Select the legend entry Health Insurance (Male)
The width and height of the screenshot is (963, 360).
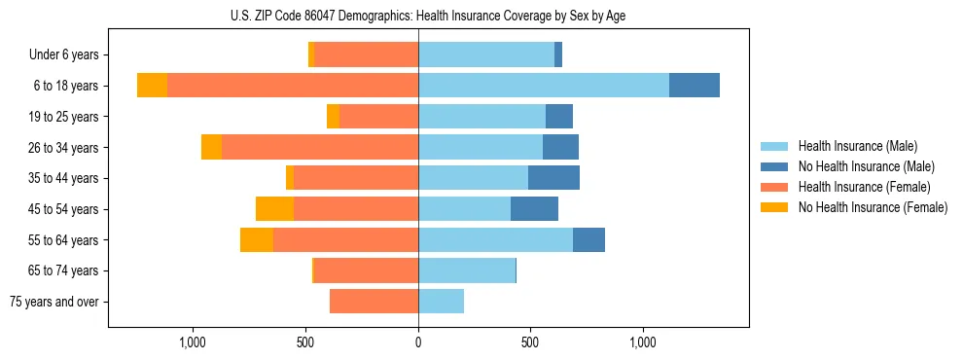pyautogui.click(x=856, y=146)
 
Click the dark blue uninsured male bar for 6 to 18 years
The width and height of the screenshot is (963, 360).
pyautogui.click(x=695, y=86)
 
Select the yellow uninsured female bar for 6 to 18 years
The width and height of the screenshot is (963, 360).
pyautogui.click(x=152, y=86)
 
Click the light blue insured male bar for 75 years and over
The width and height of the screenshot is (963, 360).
pyautogui.click(x=441, y=302)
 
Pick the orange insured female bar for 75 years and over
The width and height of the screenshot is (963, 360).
pyautogui.click(x=374, y=302)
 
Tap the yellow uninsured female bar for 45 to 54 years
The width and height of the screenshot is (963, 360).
pyautogui.click(x=274, y=209)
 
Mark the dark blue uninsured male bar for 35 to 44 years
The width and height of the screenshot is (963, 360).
pyautogui.click(x=553, y=178)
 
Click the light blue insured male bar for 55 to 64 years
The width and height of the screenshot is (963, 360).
pyautogui.click(x=495, y=240)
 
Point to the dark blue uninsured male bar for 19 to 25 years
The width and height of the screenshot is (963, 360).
pyautogui.click(x=559, y=117)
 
